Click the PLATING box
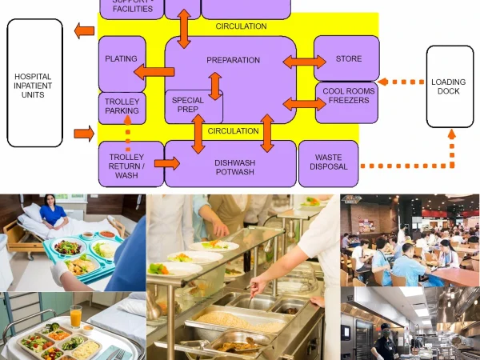pyautogui.click(x=122, y=59)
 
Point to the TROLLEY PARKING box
pyautogui.click(x=122, y=106)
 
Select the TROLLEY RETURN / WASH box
pyautogui.click(x=126, y=163)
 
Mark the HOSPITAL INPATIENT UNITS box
pyautogui.click(x=34, y=86)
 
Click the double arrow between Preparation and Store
pyautogui.click(x=304, y=62)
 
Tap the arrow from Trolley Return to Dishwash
pyautogui.click(x=166, y=163)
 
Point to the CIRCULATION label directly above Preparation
pyautogui.click(x=241, y=26)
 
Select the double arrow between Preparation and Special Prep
pyautogui.click(x=214, y=86)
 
